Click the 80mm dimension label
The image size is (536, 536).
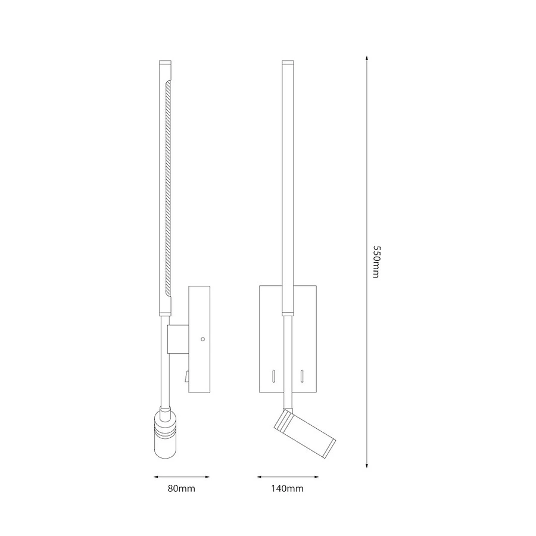point(181,488)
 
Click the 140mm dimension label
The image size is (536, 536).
point(288,488)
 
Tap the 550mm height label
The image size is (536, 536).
point(376,261)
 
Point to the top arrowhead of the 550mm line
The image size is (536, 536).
point(367,58)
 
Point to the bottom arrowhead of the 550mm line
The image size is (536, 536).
point(367,465)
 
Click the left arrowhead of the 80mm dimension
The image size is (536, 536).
point(156,476)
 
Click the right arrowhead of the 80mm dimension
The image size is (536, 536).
point(207,476)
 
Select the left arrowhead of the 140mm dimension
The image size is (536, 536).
point(260,476)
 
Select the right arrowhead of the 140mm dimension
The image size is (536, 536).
point(316,476)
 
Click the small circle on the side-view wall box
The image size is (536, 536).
point(202,339)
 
